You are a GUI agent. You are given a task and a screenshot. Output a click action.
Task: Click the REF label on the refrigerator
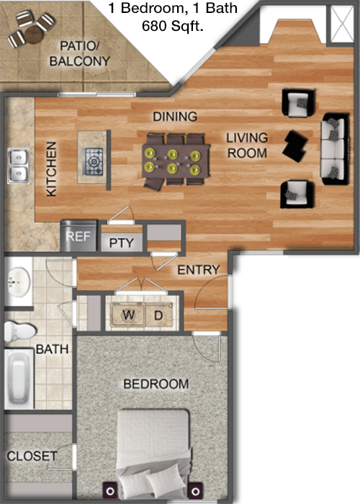78,237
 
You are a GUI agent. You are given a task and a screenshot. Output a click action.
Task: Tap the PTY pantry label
122,243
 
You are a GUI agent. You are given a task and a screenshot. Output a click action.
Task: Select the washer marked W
128,315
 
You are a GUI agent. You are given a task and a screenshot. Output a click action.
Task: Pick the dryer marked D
159,315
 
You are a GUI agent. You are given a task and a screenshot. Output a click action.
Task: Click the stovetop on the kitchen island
93,161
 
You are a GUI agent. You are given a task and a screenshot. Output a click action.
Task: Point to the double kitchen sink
19,166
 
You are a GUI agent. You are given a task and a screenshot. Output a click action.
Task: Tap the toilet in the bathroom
20,332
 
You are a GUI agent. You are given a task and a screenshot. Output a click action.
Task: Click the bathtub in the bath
19,378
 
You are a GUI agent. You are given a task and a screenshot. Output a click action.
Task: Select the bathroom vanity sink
19,282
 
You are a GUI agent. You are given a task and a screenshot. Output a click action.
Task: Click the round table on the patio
34,35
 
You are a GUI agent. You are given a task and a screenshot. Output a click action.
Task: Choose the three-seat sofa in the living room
336,149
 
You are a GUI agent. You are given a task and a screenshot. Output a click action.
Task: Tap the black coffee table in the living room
295,146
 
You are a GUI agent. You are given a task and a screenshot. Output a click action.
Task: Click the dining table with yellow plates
176,161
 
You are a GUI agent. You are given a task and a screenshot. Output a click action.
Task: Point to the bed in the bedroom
153,453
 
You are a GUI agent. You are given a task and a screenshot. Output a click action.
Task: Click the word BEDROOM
156,384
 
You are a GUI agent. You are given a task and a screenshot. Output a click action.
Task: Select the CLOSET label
32,456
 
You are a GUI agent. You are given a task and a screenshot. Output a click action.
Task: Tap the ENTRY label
199,270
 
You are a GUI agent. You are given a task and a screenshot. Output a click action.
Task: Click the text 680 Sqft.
173,26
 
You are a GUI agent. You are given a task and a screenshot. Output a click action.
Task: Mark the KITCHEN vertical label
51,169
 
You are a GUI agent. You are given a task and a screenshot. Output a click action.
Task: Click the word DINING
175,117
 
